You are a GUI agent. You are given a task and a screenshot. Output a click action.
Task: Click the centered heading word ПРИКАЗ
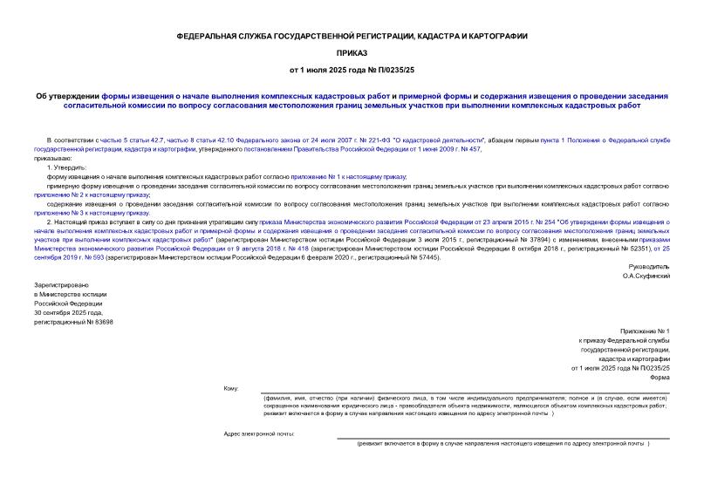tap(352, 51)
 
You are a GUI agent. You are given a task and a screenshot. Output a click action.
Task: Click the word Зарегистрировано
tap(57, 285)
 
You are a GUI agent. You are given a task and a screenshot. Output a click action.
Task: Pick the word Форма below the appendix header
tap(659, 377)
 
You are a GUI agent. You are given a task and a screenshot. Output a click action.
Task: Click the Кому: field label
tap(230, 387)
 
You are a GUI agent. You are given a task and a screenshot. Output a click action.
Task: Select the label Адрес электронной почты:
tap(259, 433)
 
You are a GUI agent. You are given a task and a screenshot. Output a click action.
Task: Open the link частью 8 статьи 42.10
tap(179, 140)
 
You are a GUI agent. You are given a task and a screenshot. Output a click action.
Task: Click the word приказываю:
tap(54, 158)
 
